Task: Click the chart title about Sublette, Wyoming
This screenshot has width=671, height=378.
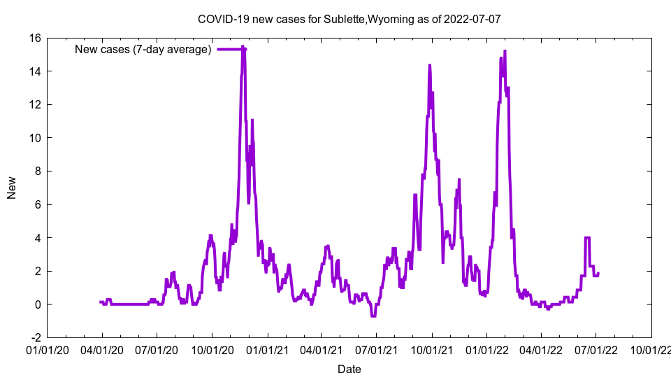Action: (x=349, y=19)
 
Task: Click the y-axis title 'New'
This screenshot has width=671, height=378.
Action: (x=12, y=188)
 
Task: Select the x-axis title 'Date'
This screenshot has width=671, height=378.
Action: (x=349, y=369)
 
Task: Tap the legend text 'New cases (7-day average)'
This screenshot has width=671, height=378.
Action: (x=143, y=49)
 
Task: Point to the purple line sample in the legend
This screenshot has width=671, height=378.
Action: (x=231, y=49)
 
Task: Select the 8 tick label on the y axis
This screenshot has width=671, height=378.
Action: (x=38, y=171)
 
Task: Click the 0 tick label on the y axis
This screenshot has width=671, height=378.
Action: (x=38, y=304)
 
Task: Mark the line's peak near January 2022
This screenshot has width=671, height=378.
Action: (x=505, y=51)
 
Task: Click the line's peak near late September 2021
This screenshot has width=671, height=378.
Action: (x=430, y=65)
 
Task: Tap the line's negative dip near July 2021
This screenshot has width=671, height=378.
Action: (x=374, y=316)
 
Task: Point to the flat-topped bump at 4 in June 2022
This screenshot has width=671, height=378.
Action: (x=588, y=238)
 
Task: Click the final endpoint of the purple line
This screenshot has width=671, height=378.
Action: (x=598, y=273)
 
